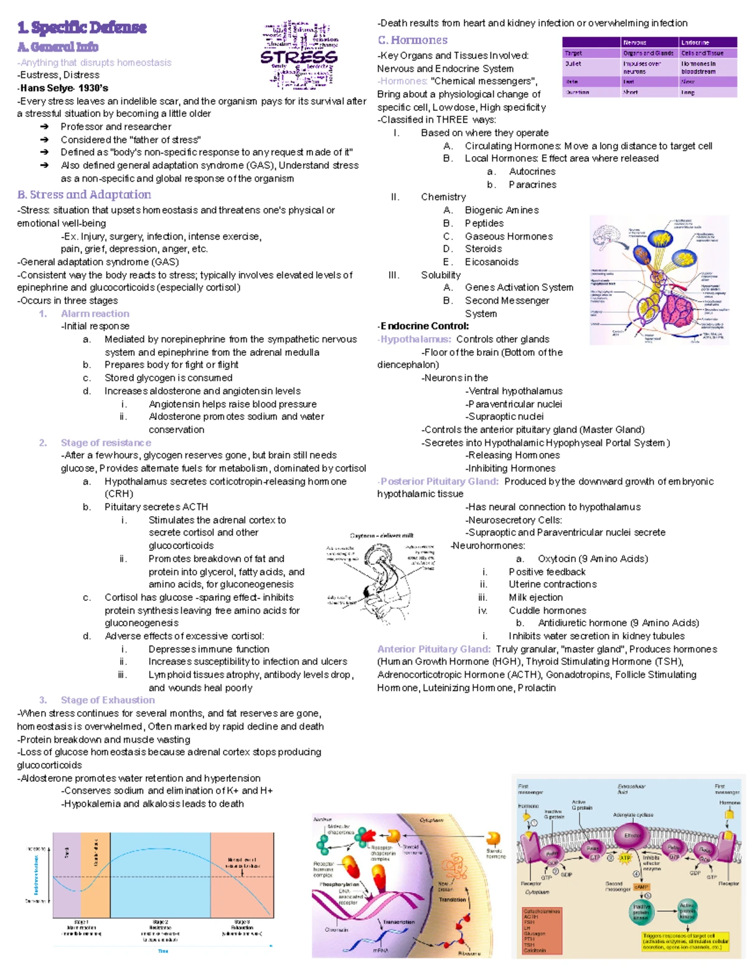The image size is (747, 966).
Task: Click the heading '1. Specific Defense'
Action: point(82,27)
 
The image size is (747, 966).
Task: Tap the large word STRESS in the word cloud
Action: point(299,57)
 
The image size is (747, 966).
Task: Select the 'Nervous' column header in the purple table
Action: point(635,42)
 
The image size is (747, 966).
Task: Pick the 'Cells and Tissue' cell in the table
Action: point(702,53)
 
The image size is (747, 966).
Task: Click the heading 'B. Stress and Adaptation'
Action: point(84,195)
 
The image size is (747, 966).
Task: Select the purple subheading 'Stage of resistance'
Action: point(106,443)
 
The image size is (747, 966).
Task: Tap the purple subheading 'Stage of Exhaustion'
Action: point(108,700)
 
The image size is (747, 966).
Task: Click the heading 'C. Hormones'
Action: point(412,40)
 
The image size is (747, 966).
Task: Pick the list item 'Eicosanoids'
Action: point(491,262)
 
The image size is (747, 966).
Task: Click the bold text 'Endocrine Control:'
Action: point(423,326)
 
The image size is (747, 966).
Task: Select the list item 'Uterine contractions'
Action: point(552,585)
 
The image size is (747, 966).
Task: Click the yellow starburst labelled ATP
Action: point(625,858)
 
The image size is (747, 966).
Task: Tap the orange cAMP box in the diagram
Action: point(641,886)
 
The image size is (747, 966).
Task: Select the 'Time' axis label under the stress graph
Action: point(163,951)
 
